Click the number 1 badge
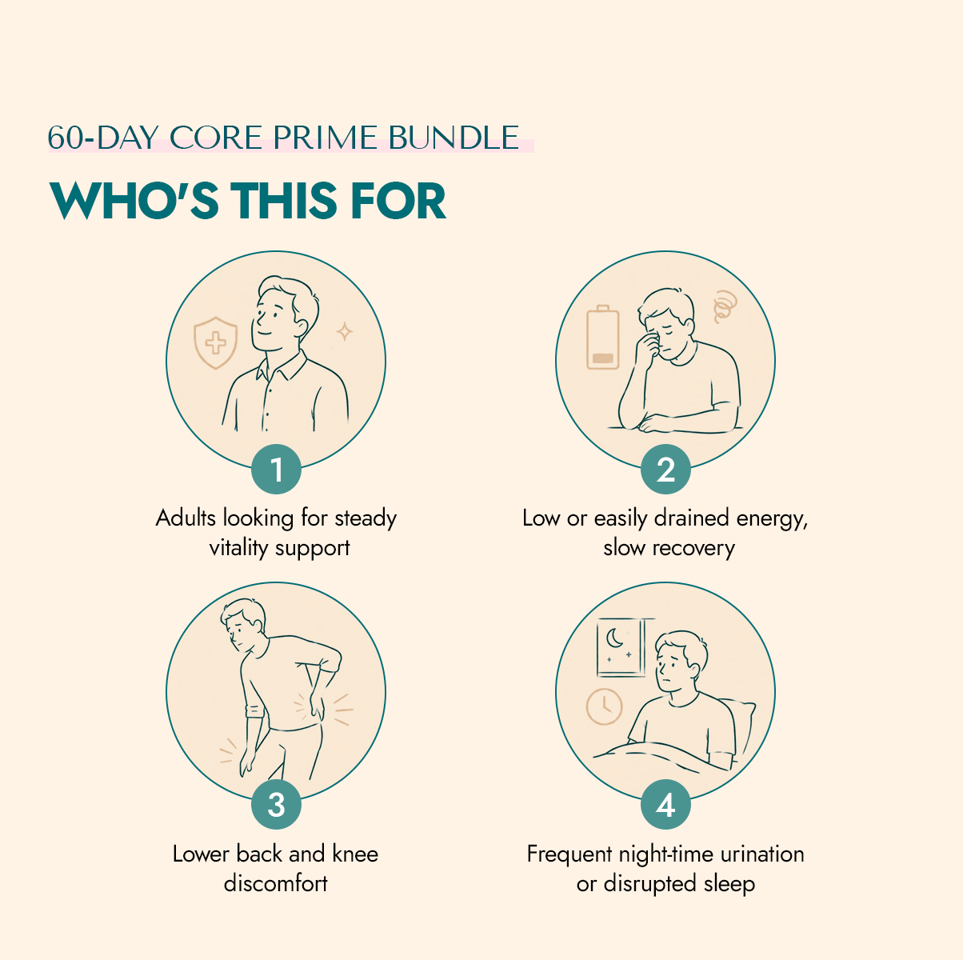coord(276,469)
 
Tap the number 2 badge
coord(665,469)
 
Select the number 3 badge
coord(276,805)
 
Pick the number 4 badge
coord(665,805)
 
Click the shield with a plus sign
coord(215,343)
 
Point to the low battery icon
coord(603,337)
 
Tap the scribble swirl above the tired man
coord(725,306)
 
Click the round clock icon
coord(604,706)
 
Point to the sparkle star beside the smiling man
coord(344,331)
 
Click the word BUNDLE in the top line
coord(454,138)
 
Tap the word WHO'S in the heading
coord(134,201)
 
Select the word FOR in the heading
coord(398,201)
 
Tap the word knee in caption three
coord(355,854)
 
